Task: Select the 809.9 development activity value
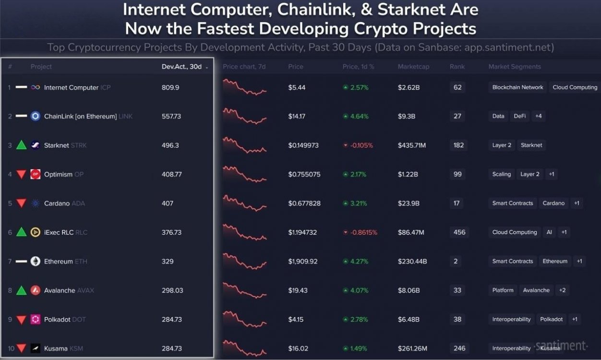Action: click(170, 87)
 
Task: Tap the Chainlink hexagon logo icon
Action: click(36, 116)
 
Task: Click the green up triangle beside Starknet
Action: click(21, 145)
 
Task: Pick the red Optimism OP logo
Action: click(36, 174)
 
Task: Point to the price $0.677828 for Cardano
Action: click(304, 203)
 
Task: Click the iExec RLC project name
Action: click(59, 232)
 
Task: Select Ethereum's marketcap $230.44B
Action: click(412, 261)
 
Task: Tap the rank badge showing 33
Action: click(457, 290)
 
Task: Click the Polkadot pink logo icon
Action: click(36, 319)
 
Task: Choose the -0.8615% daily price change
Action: click(363, 232)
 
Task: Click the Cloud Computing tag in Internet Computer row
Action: click(575, 87)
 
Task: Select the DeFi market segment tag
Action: click(520, 116)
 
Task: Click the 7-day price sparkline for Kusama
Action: click(244, 348)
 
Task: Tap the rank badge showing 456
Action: click(459, 232)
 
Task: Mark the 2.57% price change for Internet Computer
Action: click(359, 87)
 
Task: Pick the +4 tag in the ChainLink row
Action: click(539, 116)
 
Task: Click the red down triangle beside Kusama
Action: click(21, 348)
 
